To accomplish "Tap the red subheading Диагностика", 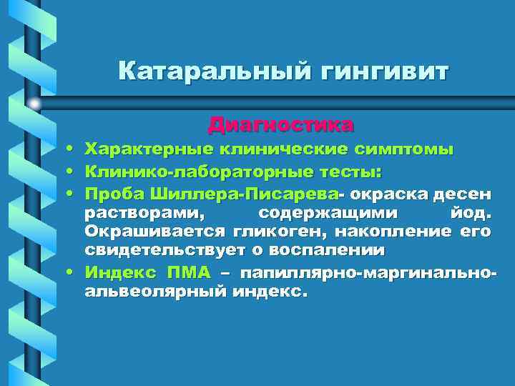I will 280,125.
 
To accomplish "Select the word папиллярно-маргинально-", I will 368,272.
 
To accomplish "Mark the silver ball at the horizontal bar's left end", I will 34,104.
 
